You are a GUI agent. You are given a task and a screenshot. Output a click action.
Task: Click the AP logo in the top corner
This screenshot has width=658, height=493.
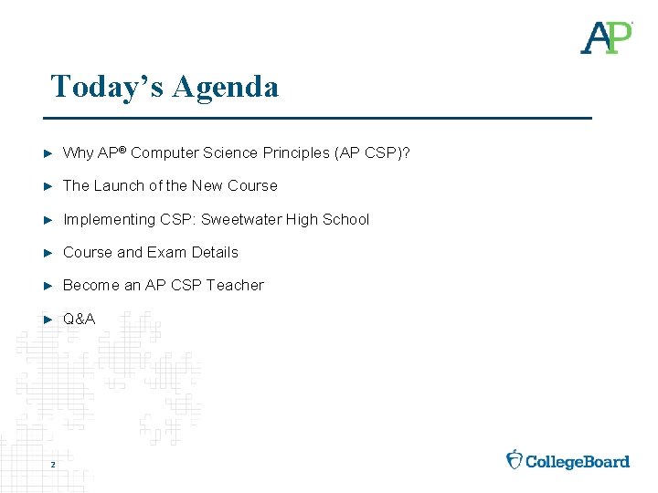606,37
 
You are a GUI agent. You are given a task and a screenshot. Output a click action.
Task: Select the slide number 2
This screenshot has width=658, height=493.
53,466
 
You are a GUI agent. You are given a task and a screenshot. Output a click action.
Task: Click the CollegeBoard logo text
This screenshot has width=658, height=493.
578,461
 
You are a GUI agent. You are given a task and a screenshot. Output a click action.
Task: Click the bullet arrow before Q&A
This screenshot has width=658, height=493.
49,319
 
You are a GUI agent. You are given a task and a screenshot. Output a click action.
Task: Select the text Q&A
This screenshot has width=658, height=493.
79,319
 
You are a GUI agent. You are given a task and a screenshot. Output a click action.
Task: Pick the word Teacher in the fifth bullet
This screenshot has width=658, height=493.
235,285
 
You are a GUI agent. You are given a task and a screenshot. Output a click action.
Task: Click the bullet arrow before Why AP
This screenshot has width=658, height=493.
49,152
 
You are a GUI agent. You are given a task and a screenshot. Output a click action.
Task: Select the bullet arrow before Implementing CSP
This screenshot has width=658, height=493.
49,219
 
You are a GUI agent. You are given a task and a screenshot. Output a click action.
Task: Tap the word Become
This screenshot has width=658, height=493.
90,285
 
